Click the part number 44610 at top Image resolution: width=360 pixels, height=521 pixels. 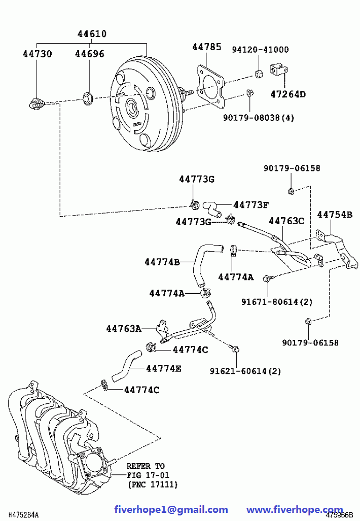[x=92, y=34]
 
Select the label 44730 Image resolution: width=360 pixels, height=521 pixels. [x=37, y=53]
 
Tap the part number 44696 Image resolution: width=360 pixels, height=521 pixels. [x=90, y=53]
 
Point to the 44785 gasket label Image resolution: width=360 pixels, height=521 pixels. [x=206, y=47]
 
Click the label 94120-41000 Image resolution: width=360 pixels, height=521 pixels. [x=261, y=49]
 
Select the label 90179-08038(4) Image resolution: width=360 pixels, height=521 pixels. [x=259, y=118]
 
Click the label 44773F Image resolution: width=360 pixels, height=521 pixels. [x=250, y=204]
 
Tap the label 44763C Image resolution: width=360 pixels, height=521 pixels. [x=286, y=221]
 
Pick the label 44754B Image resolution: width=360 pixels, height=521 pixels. [x=335, y=215]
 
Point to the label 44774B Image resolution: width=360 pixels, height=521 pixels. [x=162, y=262]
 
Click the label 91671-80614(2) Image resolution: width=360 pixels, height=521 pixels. [x=276, y=302]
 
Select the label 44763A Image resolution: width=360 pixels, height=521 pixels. [x=123, y=329]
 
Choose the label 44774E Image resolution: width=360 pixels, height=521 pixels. [x=163, y=369]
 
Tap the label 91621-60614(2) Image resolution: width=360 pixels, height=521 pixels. [x=245, y=371]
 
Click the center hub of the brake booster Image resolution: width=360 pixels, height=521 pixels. [x=133, y=108]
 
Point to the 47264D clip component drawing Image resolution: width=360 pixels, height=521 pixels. [x=278, y=70]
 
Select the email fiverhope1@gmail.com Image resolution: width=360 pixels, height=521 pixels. [x=171, y=509]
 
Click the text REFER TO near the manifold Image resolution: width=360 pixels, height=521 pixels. [x=146, y=466]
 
